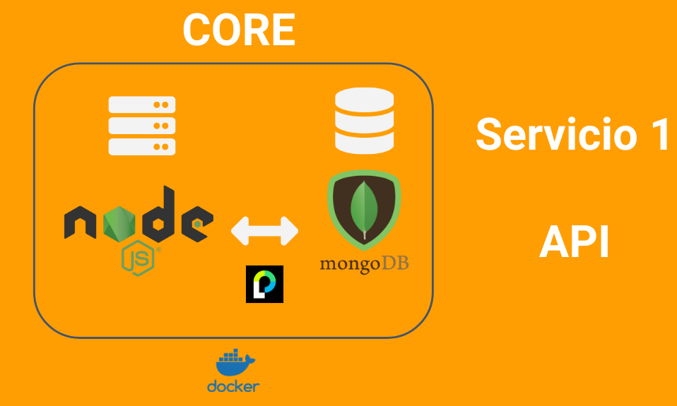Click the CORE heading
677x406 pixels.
(239, 30)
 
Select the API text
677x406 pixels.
(574, 242)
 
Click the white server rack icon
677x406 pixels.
(141, 126)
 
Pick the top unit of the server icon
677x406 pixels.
(141, 105)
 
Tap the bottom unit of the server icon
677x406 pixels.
(141, 146)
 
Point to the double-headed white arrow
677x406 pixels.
(265, 231)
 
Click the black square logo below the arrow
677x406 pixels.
(264, 284)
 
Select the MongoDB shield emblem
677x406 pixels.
(364, 210)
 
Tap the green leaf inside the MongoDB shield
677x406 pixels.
(365, 208)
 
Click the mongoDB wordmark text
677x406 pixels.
(364, 265)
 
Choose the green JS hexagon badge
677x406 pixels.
(139, 258)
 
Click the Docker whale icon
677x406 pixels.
(234, 364)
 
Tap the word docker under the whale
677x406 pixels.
(233, 386)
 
